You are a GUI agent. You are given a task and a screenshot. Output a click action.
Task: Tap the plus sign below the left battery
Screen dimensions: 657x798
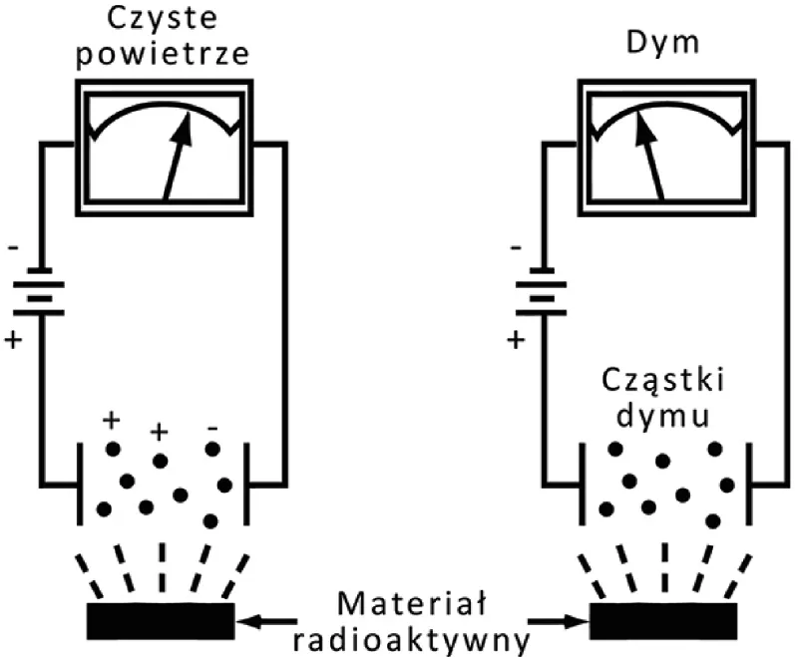tap(13, 340)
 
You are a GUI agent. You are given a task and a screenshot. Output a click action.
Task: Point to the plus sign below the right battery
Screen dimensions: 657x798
tap(516, 340)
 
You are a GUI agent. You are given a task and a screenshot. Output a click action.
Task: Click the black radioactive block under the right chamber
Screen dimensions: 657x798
tap(664, 619)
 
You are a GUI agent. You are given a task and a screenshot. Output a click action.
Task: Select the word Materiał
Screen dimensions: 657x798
tap(410, 603)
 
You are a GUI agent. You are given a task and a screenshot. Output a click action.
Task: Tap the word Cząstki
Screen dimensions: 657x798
tap(662, 384)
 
